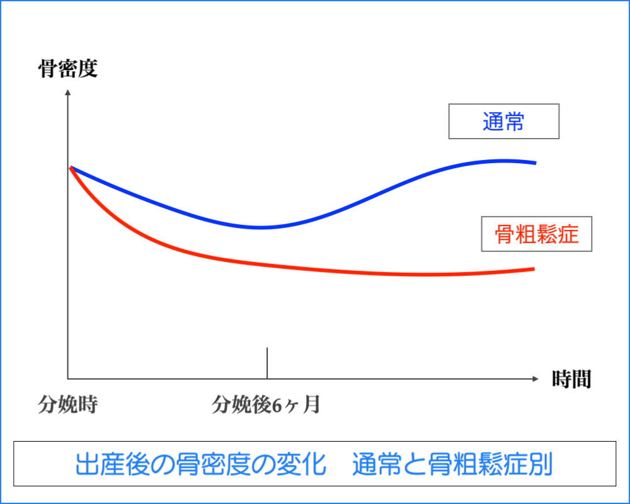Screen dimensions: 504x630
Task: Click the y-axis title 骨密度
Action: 68,69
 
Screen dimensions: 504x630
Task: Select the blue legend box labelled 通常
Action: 503,121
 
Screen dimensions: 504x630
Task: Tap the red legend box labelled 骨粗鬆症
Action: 537,234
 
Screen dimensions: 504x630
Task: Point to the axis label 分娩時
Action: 67,404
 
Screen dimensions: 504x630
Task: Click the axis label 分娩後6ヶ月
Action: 266,404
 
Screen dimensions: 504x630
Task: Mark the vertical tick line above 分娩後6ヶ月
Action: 267,363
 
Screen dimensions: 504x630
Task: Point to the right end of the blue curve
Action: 535,163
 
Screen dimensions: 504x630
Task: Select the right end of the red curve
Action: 534,269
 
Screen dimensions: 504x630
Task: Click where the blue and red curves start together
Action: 71,168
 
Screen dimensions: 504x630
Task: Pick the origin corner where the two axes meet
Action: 68,379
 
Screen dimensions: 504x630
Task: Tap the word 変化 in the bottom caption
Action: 304,464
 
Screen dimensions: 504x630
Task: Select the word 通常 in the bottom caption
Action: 374,464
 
